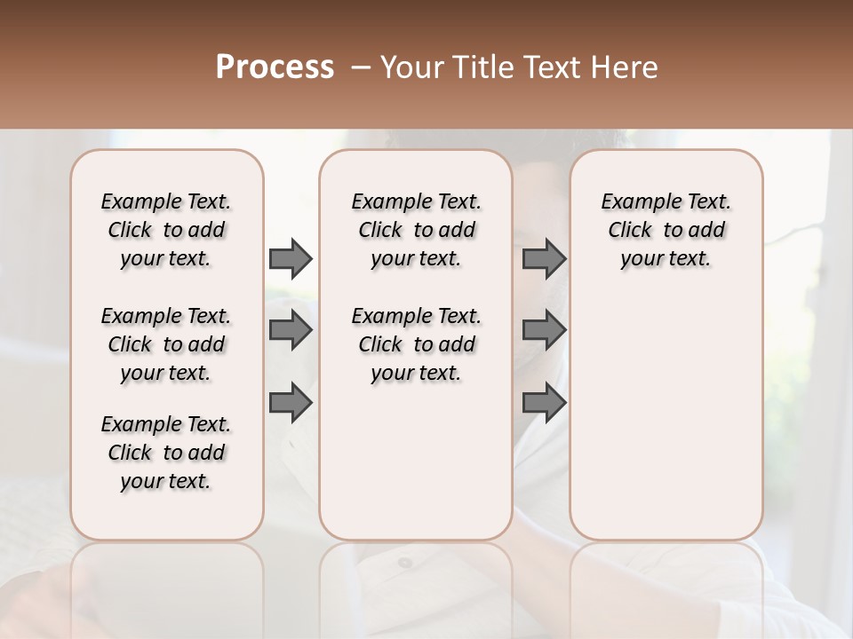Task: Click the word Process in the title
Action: pos(275,67)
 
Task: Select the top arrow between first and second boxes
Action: pos(291,258)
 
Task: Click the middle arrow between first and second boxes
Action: pos(291,330)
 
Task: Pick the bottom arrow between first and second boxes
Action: pos(291,403)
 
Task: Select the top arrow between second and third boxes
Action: pos(544,258)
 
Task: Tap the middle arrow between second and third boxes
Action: pos(544,330)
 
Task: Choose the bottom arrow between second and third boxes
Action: pos(544,403)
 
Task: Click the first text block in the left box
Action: pos(166,230)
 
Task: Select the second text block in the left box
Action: pos(166,344)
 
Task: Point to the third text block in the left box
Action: pos(166,453)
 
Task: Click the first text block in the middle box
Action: pos(417,230)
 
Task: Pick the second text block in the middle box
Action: pos(417,344)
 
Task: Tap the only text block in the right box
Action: pos(666,230)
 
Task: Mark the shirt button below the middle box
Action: pos(404,563)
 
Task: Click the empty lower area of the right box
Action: pos(666,417)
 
